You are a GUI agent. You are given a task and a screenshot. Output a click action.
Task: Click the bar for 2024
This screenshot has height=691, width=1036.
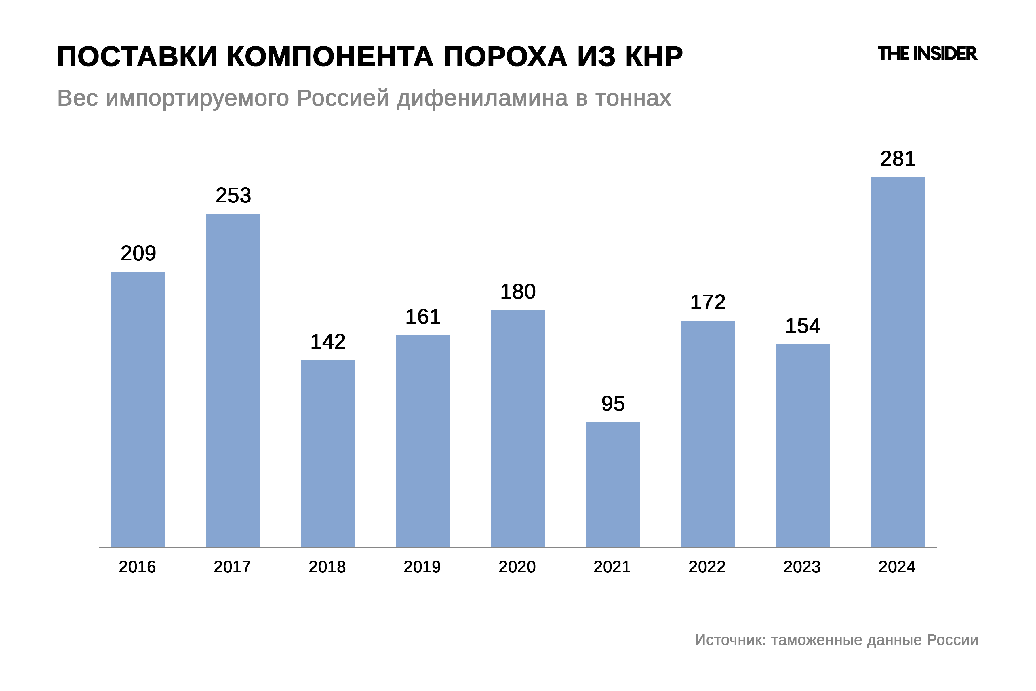[897, 362]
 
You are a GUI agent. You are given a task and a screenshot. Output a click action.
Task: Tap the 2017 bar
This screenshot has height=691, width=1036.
[233, 380]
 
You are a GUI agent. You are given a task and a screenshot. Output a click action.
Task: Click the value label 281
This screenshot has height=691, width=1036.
[898, 159]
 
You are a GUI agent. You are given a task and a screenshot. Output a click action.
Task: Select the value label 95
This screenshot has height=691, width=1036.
[613, 404]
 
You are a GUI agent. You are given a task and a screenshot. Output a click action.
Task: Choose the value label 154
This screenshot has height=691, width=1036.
[803, 326]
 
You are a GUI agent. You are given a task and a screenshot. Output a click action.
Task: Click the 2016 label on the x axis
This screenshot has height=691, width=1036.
[138, 567]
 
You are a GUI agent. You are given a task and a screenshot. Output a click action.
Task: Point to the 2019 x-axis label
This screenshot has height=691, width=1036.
[422, 567]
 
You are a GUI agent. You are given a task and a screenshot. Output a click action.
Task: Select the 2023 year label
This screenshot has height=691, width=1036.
[802, 567]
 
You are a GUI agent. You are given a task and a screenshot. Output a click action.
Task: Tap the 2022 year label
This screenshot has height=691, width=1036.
[707, 567]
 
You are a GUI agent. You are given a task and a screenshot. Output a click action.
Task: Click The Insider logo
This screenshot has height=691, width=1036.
[927, 54]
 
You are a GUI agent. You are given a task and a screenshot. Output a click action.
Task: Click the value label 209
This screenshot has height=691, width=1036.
[138, 253]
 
